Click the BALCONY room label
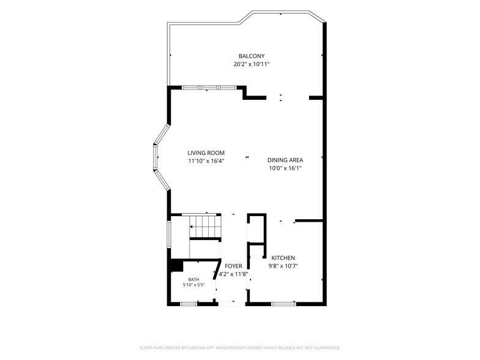click(x=251, y=56)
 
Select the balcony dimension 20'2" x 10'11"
click(x=251, y=64)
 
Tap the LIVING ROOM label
click(x=206, y=153)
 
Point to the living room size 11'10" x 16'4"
click(x=206, y=161)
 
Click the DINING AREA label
click(x=285, y=160)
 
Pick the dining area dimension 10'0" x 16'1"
click(x=285, y=168)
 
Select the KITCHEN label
click(x=283, y=258)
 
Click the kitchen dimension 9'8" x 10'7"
click(x=283, y=266)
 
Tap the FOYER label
click(x=233, y=266)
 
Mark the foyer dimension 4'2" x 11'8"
click(x=233, y=274)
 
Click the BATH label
click(x=193, y=279)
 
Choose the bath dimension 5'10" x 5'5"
click(x=193, y=285)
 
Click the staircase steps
click(x=204, y=227)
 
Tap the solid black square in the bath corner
click(x=176, y=265)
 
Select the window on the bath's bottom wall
click(x=189, y=304)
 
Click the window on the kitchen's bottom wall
click(x=284, y=304)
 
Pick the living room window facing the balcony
click(x=209, y=88)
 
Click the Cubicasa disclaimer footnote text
click(x=240, y=348)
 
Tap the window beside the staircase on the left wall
click(x=169, y=234)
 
